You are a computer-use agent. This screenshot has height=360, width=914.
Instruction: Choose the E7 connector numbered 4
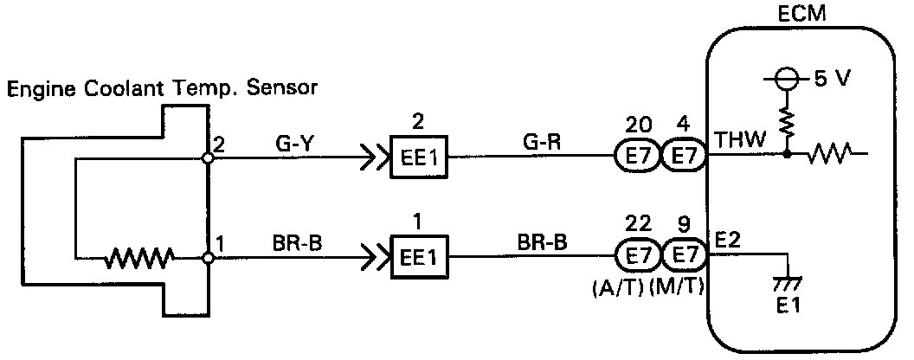point(684,157)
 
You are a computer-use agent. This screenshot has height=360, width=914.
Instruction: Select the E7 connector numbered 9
point(684,257)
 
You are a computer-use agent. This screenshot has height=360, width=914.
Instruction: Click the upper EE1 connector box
point(419,158)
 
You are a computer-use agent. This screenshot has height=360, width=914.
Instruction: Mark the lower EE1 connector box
point(419,257)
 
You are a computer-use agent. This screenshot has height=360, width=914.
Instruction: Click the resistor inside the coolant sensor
point(138,257)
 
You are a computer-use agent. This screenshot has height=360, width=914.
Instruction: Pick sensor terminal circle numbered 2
point(209,158)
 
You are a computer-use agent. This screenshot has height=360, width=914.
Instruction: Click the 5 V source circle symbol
point(786,79)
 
